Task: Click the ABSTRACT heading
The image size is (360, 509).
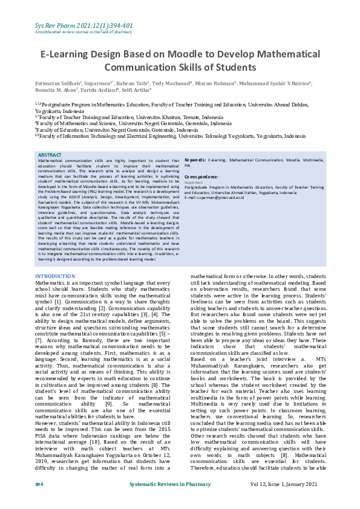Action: coord(50,155)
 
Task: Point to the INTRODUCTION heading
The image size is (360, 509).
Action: coord(56,276)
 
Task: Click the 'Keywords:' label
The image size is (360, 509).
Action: coord(195,160)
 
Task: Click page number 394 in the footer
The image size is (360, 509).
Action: coord(39,501)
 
